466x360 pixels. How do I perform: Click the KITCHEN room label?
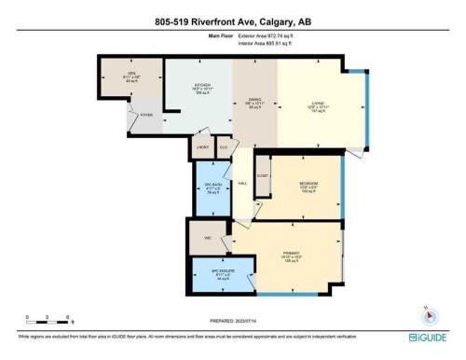[202, 85]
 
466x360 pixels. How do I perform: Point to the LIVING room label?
[317, 104]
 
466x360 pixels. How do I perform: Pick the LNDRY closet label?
[202, 147]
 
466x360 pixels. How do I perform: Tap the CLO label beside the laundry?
[224, 147]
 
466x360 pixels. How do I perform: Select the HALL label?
[243, 185]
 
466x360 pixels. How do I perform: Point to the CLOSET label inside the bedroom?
[264, 174]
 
